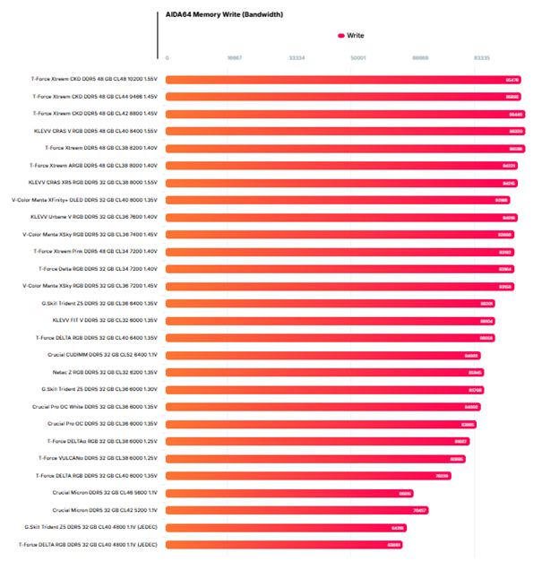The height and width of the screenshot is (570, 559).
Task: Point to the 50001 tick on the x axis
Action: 357,57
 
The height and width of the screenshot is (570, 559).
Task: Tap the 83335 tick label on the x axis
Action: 482,57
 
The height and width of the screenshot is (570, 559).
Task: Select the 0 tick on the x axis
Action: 167,57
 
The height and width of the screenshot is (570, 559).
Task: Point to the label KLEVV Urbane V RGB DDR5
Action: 94,217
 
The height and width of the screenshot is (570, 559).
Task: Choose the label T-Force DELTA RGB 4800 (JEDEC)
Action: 89,544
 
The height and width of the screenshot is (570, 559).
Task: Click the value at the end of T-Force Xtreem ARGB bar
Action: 509,166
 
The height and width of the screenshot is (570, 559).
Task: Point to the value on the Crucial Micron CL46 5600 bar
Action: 405,493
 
